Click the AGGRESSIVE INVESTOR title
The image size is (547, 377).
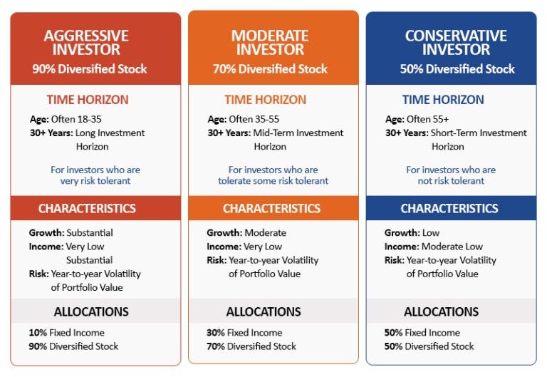[95, 41]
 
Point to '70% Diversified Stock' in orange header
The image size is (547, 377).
[271, 69]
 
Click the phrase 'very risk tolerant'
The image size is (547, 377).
[95, 181]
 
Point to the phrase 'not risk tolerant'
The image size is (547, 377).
[451, 181]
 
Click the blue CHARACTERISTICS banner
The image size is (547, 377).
[449, 209]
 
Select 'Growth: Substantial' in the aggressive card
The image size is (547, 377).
[71, 233]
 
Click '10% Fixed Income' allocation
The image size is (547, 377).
[67, 333]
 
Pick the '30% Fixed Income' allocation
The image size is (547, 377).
[244, 333]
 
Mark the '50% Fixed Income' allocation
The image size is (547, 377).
[422, 333]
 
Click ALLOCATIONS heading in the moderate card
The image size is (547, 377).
[264, 312]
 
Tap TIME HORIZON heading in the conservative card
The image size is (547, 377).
[443, 100]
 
